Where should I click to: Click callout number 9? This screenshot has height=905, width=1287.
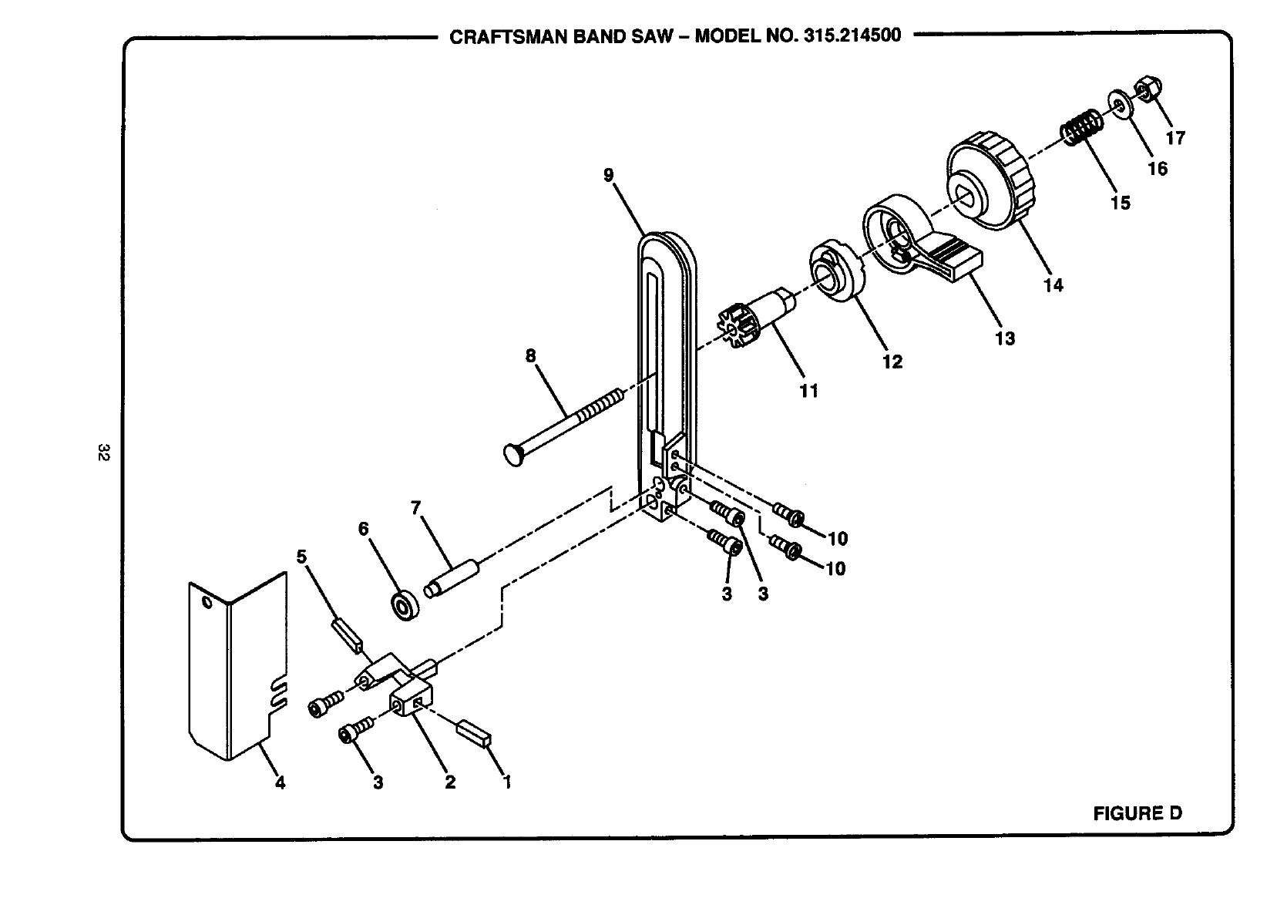click(609, 175)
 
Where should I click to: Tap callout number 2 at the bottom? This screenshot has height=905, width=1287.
click(450, 782)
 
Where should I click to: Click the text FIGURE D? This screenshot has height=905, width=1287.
click(1137, 812)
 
